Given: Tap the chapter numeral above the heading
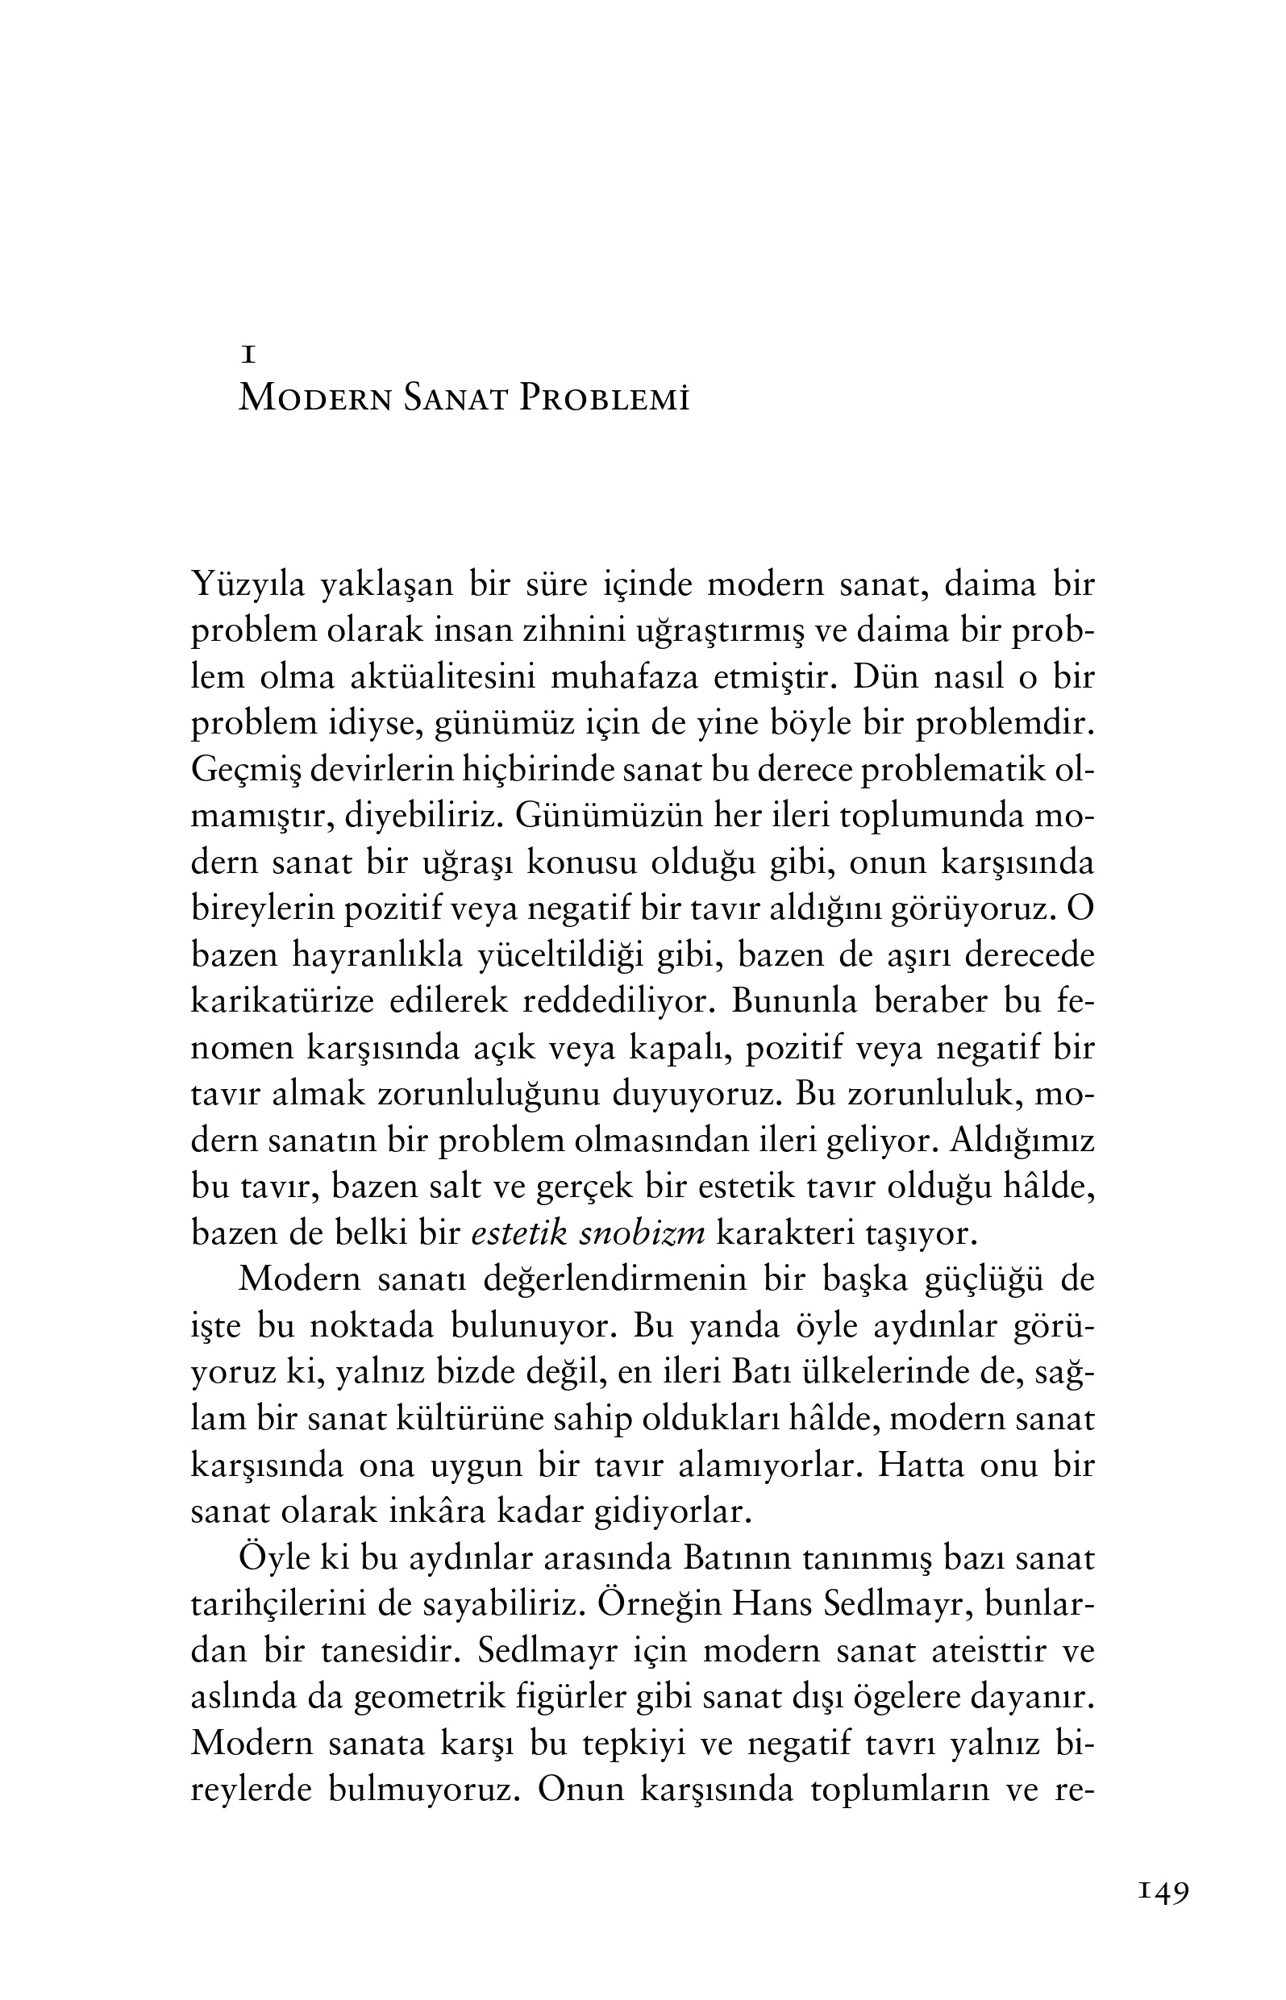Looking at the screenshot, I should tap(248, 356).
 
